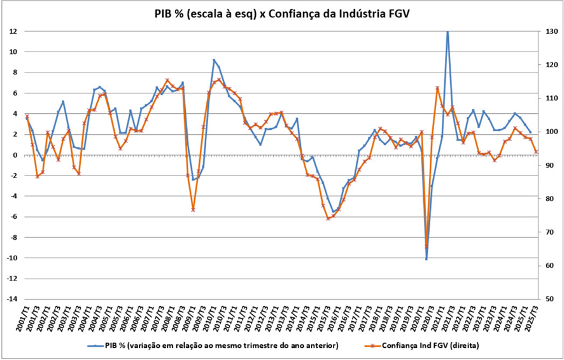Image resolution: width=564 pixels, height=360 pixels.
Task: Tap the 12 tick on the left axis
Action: coord(13,31)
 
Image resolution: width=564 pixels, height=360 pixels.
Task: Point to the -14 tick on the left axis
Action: coord(11,300)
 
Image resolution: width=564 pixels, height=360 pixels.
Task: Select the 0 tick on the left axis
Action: coord(14,155)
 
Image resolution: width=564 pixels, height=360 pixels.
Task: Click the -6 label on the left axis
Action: coord(13,217)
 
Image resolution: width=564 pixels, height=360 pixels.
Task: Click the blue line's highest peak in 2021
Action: coord(448,32)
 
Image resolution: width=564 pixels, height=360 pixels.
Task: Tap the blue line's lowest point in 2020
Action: coord(427,259)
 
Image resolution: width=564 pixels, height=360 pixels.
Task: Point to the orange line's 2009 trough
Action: coord(193,209)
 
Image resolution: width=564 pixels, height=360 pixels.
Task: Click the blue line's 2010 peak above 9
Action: coord(214,60)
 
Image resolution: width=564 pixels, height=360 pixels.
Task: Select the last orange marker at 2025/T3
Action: coord(536,151)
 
